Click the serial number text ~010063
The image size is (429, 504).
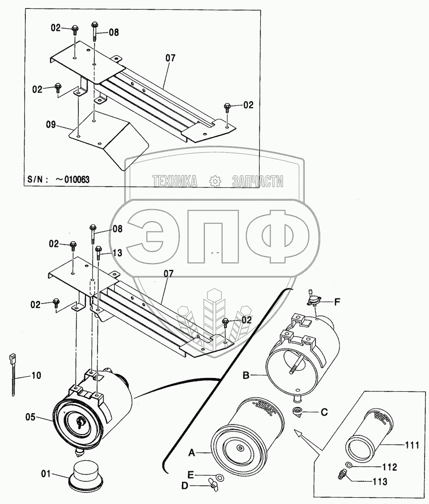[x=72, y=179]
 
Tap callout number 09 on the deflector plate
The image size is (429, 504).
[x=51, y=125]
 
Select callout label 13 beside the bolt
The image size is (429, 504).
[x=117, y=253]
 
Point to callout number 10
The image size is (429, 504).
[x=36, y=375]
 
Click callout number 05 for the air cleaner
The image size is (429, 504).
[x=31, y=418]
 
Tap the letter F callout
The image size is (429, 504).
[x=337, y=302]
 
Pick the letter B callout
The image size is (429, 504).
[x=246, y=375]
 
